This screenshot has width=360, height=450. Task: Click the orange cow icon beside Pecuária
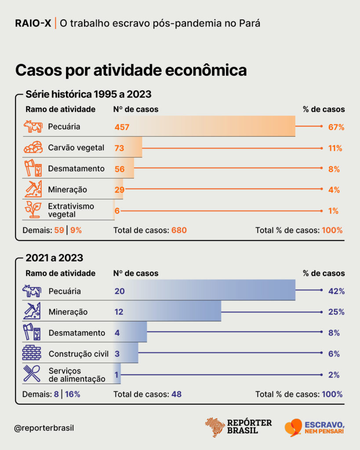tap(33, 126)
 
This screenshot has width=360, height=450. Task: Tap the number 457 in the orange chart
tap(122, 127)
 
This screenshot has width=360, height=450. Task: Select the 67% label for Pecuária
tap(336, 127)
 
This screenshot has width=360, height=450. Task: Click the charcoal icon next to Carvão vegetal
tap(33, 147)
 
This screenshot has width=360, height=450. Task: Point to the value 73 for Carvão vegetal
tap(120, 148)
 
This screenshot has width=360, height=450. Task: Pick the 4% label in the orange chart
tap(334, 190)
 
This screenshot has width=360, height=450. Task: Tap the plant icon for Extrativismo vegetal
tap(33, 209)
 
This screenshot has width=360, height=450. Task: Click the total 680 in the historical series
tap(179, 230)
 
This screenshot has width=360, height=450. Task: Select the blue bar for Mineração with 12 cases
tap(167, 311)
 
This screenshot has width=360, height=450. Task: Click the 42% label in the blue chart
tap(336, 291)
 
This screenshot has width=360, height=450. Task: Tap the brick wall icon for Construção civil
tap(32, 352)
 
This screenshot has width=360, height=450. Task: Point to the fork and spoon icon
tap(32, 374)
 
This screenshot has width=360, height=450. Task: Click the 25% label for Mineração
tap(336, 312)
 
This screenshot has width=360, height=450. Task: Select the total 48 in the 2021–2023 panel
tap(177, 394)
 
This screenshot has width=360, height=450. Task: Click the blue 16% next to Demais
tap(73, 394)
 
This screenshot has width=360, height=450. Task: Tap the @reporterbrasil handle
tap(44, 428)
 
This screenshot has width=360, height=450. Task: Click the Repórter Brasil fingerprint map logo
tap(215, 427)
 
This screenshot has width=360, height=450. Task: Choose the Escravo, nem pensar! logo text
tap(324, 428)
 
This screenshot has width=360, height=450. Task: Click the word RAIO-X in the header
tap(33, 23)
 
